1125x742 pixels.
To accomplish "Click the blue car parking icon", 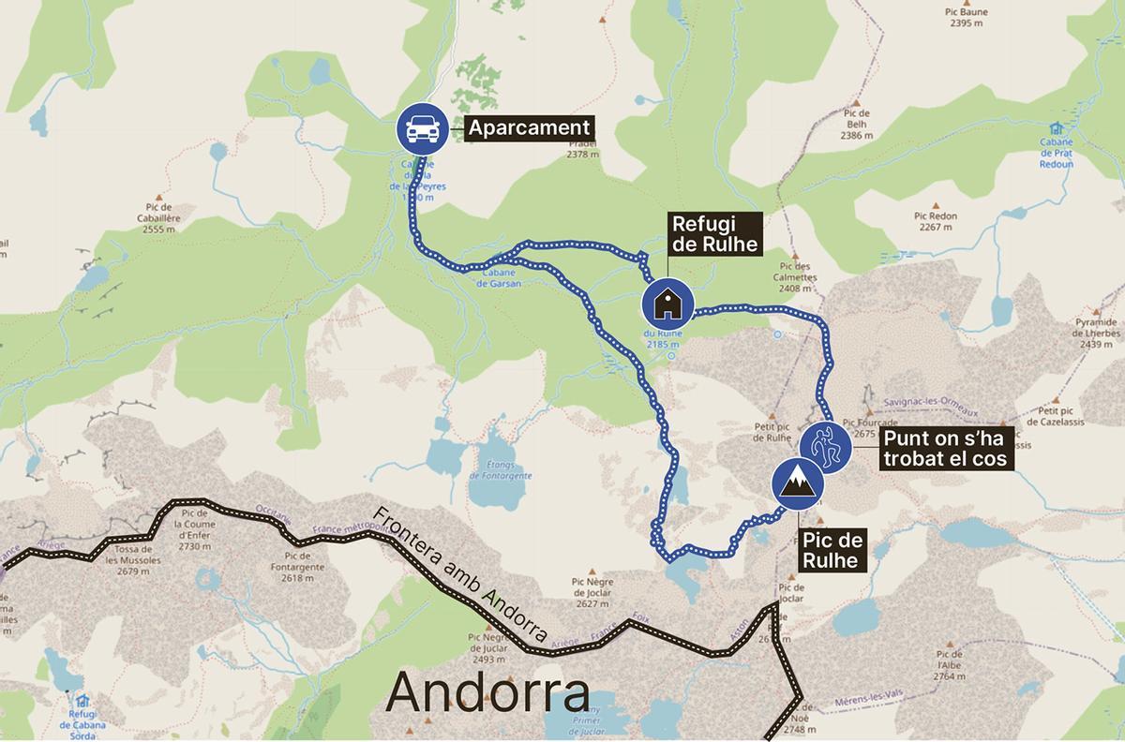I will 420,128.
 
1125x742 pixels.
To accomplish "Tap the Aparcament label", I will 529,128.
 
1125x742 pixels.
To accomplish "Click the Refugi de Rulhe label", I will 714,234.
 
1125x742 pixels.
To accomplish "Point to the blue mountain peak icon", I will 798,484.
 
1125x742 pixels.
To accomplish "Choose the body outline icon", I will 825,447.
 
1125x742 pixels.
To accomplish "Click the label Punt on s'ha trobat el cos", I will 945,447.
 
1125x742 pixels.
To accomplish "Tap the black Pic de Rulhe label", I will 831,549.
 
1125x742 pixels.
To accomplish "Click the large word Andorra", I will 487,694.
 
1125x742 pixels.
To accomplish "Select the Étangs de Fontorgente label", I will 502,470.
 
